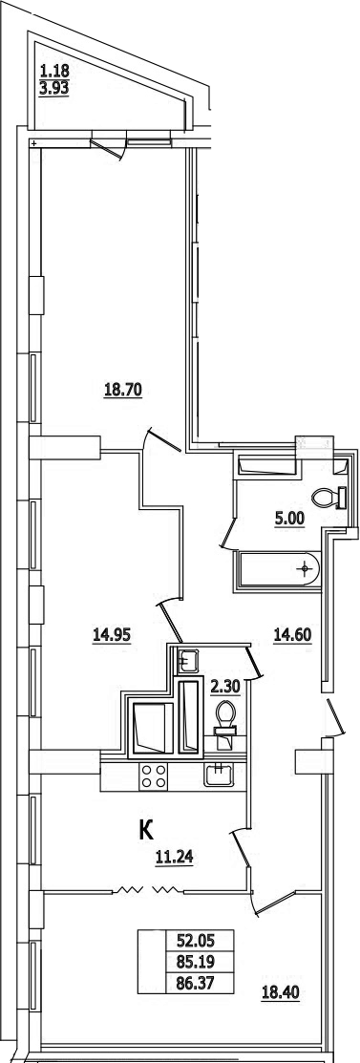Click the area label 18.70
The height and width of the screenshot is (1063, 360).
point(122,391)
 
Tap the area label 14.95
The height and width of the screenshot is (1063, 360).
point(111,634)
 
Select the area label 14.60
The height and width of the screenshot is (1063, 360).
point(291,634)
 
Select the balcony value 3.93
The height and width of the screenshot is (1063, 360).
point(54,88)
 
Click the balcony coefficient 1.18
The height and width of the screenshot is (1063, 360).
point(54,69)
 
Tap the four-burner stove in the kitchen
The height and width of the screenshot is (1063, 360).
point(153,776)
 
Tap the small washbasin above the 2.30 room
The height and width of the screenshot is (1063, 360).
point(186,658)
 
